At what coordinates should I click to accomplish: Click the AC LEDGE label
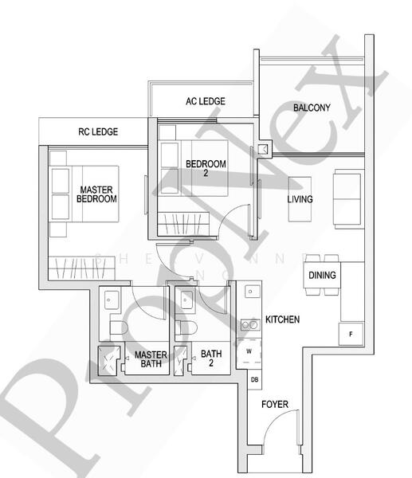(205, 101)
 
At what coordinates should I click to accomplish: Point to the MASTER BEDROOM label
(96, 194)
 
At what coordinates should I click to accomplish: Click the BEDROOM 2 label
(206, 168)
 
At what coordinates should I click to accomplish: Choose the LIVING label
(300, 199)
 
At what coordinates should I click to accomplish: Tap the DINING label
(322, 276)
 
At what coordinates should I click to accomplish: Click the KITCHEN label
(282, 319)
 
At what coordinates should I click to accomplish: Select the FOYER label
(275, 405)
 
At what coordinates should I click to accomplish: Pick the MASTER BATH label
(149, 359)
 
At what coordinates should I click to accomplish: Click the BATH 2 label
(211, 359)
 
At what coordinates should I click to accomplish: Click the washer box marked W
(249, 351)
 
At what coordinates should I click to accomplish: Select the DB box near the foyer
(254, 380)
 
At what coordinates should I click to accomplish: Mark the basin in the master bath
(112, 300)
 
